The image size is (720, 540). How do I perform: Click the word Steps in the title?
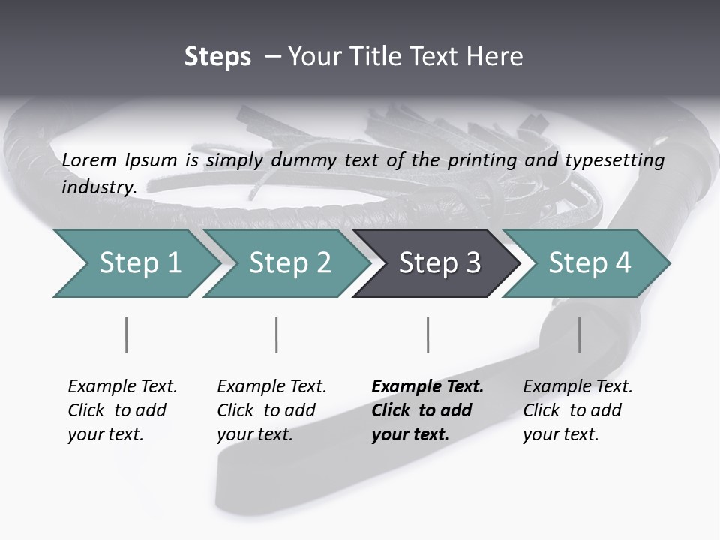click(x=217, y=57)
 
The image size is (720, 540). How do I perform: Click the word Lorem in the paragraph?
click(x=89, y=160)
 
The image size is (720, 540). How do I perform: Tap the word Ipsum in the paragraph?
click(x=151, y=160)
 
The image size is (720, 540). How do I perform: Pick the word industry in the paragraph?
click(x=99, y=187)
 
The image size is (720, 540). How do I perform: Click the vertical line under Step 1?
click(x=127, y=334)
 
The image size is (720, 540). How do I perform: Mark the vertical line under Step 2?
click(x=277, y=334)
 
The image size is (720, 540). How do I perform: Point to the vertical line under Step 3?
click(x=428, y=334)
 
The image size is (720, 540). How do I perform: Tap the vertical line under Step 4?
click(x=579, y=334)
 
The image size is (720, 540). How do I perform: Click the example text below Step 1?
click(x=122, y=410)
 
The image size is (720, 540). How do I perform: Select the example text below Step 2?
click(x=271, y=410)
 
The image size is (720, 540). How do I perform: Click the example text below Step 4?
click(x=577, y=410)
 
